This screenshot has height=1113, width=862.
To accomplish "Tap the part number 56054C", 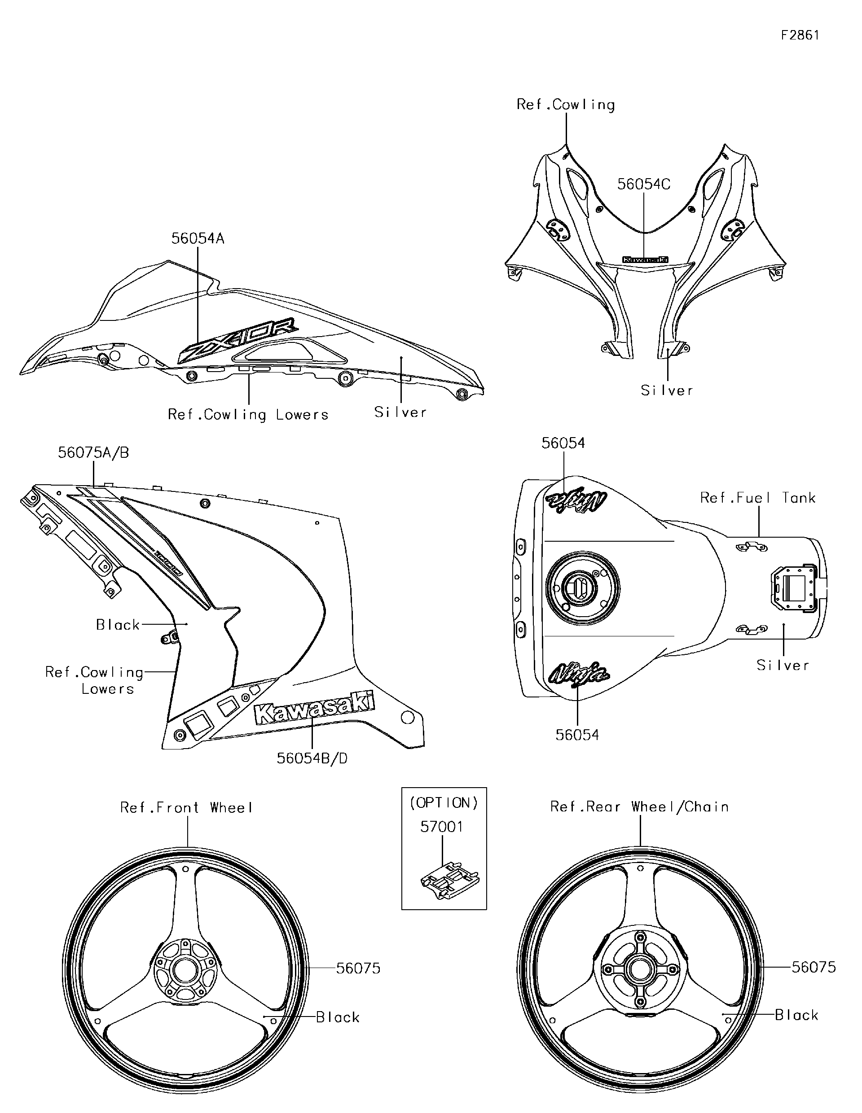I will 643,184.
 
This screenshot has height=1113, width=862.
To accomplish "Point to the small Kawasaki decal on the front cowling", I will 645,259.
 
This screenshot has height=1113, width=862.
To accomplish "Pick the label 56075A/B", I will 93,452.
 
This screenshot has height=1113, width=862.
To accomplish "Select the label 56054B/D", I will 312,759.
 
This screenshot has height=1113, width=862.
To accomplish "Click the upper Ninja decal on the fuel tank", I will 576,501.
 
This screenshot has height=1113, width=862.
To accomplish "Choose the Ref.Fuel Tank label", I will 757,498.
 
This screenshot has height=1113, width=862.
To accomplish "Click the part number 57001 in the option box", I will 441,827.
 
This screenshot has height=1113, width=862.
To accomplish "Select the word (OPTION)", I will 444,803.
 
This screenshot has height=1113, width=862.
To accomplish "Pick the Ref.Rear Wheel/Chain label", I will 639,807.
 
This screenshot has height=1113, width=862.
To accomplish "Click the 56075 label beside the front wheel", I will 358,968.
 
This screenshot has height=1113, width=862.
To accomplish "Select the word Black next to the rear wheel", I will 796,1015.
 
